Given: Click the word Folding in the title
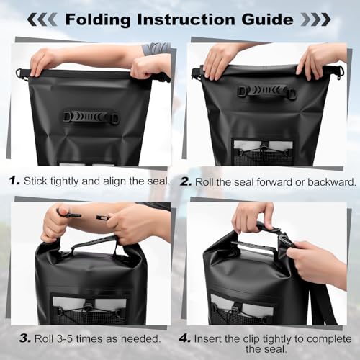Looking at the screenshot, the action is click(98, 19).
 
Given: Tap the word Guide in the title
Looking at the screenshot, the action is click(267, 19).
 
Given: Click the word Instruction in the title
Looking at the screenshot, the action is click(186, 19).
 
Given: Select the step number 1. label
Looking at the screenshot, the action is click(14, 181).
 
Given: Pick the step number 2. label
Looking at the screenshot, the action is click(186, 181).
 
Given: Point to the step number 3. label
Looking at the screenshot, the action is click(25, 338).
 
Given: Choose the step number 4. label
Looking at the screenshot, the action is click(185, 338).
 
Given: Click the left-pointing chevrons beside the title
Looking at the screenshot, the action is click(42, 19).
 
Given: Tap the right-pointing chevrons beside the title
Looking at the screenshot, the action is click(316, 19).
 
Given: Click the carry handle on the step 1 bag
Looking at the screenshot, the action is click(91, 117).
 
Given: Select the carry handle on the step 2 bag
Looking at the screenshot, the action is click(267, 91).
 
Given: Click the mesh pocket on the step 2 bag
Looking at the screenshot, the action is click(264, 153).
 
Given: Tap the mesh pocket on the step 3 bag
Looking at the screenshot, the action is click(89, 310).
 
